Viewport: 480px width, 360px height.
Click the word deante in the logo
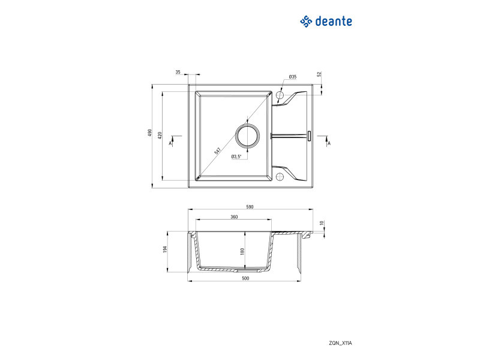pyautogui.click(x=334, y=22)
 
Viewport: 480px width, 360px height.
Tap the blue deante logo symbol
pyautogui.click(x=306, y=22)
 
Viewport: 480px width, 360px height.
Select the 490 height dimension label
pyautogui.click(x=150, y=133)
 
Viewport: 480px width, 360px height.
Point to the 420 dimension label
pyautogui.click(x=160, y=136)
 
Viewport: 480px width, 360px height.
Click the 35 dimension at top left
pyautogui.click(x=178, y=72)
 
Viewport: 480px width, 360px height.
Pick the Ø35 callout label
pyautogui.click(x=293, y=77)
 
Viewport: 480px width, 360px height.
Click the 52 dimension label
pyautogui.click(x=319, y=74)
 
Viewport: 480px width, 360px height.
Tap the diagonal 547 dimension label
pyautogui.click(x=217, y=151)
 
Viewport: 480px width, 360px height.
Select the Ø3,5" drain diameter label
pyautogui.click(x=236, y=157)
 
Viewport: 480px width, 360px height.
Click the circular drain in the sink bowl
pyautogui.click(x=247, y=136)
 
